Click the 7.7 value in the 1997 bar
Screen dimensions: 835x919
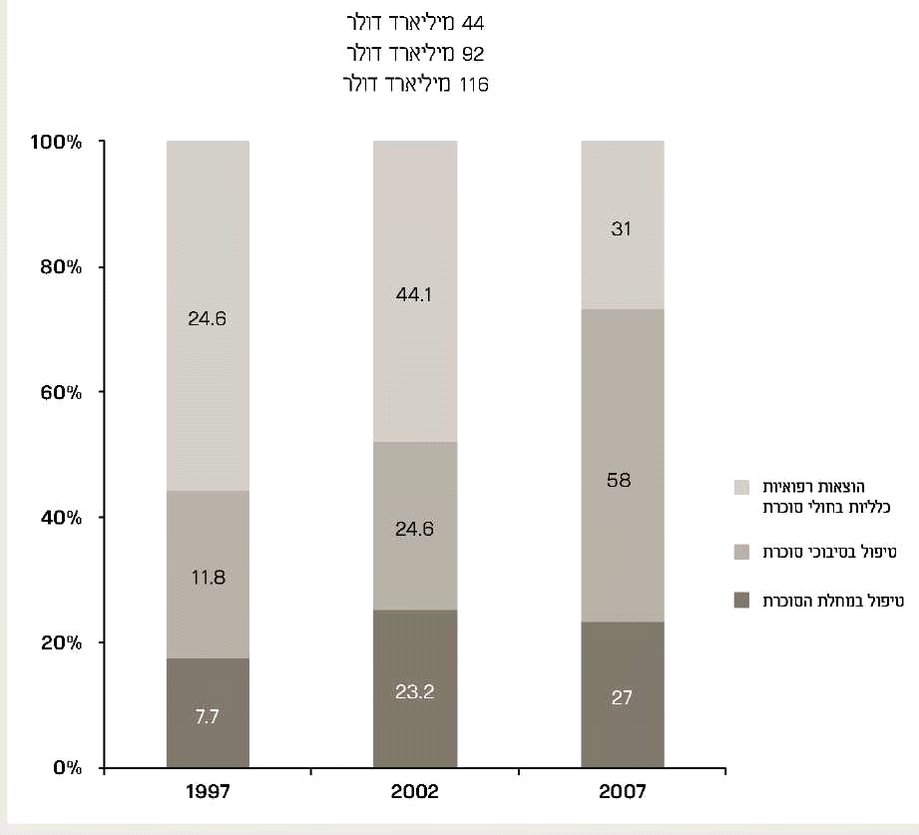point(208,716)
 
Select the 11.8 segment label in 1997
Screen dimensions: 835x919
point(208,576)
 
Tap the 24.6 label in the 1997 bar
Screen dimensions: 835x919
point(208,319)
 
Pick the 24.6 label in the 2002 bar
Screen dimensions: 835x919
point(415,530)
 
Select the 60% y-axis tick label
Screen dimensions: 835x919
point(60,392)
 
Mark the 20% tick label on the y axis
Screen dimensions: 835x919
point(60,642)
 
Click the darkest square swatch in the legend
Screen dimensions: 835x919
point(741,601)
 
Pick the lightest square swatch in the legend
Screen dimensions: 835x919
point(741,488)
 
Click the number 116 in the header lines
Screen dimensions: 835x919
point(473,85)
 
